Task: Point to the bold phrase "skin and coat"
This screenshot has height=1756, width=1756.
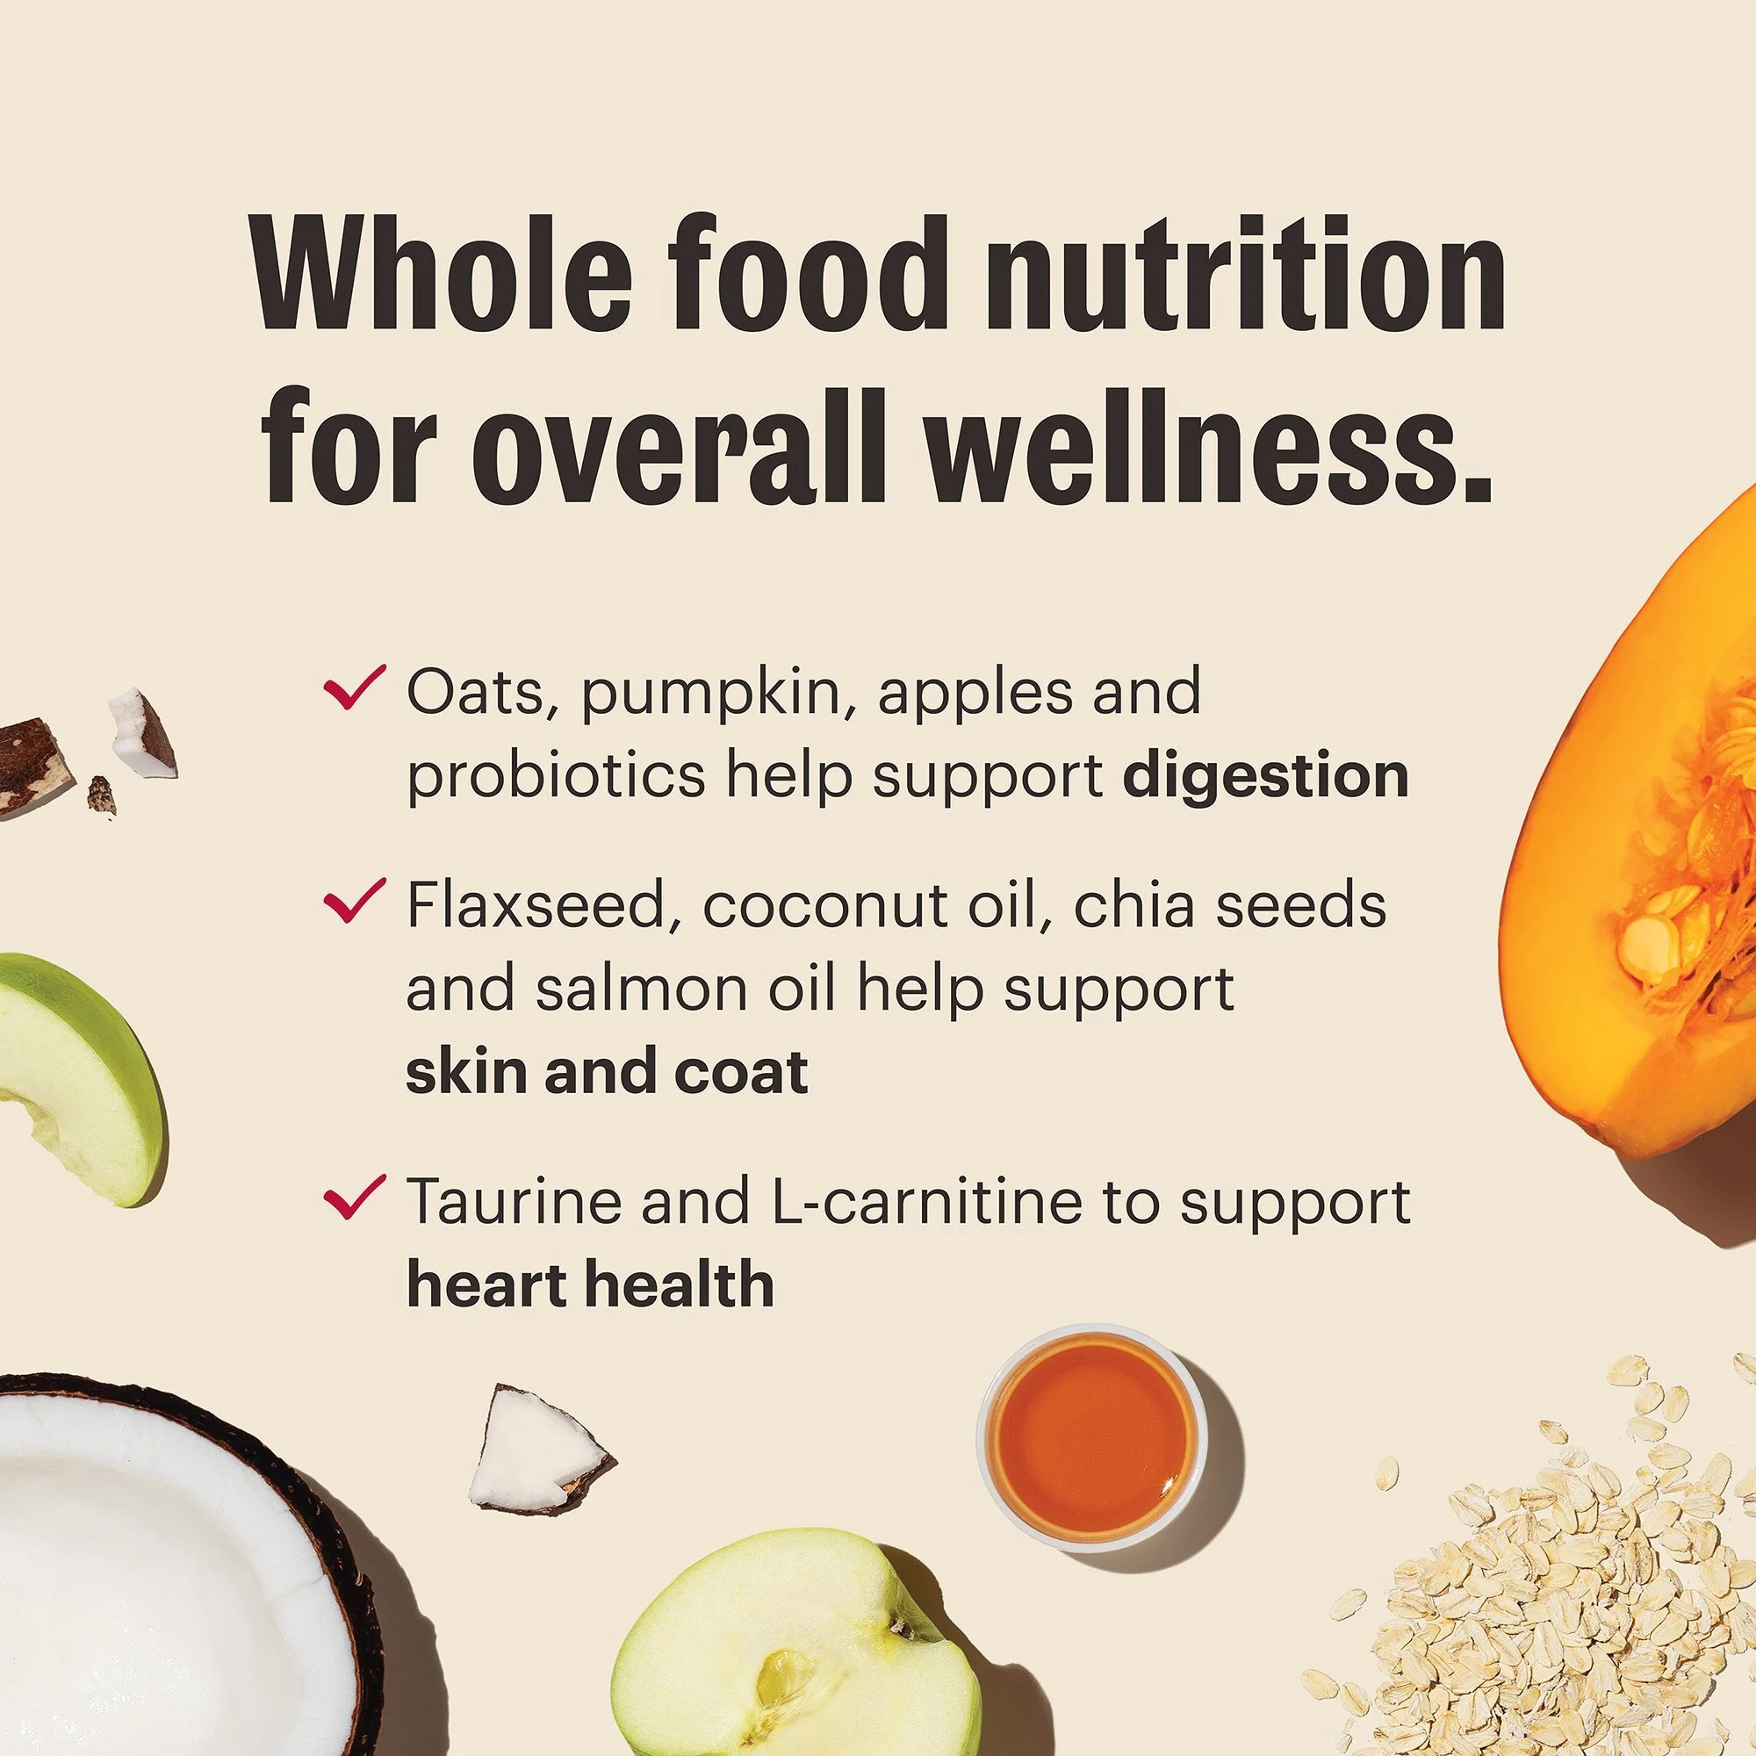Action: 606,1071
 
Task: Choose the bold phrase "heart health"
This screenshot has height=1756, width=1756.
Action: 590,1285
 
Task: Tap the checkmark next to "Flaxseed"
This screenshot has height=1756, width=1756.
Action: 355,901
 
